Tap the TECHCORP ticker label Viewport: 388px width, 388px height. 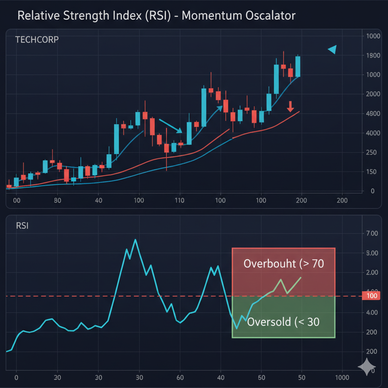coord(37,39)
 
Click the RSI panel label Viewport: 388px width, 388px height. coord(22,226)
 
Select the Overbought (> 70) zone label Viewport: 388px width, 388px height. coord(283,263)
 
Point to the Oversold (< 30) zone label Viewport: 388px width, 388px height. coord(283,322)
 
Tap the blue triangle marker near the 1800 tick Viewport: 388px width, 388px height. coord(332,50)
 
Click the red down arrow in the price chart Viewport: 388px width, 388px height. coord(290,106)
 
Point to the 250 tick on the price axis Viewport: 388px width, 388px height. coord(372,152)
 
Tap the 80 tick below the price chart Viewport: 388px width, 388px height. coord(58,200)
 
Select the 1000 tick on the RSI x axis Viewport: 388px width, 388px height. coord(343,378)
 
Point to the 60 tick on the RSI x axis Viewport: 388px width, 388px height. coord(180,378)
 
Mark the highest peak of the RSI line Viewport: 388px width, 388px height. coord(135,240)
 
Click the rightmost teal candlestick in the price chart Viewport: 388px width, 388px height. coord(298,66)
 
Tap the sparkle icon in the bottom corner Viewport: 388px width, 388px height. coord(367,367)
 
